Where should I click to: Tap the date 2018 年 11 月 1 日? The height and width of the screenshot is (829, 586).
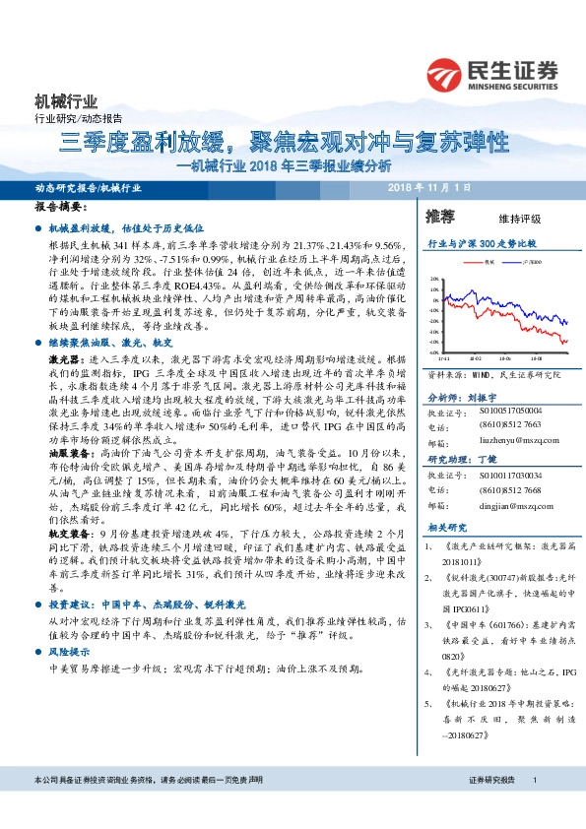[430, 187]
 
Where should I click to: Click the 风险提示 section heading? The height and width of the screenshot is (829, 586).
[69, 652]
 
